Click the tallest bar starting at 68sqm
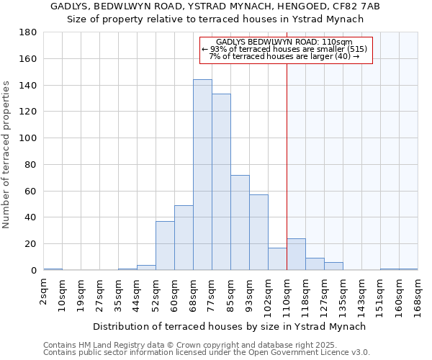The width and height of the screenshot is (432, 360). click(x=202, y=175)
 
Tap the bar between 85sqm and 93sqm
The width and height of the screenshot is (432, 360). click(x=240, y=222)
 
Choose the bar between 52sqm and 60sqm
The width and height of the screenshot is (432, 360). click(x=165, y=246)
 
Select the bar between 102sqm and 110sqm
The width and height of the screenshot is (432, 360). click(x=277, y=259)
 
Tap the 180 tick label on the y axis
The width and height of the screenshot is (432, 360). click(x=28, y=32)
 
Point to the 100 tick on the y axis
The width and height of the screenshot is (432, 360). click(x=28, y=138)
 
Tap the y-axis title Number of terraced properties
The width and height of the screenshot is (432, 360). click(x=7, y=155)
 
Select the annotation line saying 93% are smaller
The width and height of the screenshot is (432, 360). click(x=285, y=49)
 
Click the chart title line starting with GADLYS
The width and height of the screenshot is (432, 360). click(x=215, y=6)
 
